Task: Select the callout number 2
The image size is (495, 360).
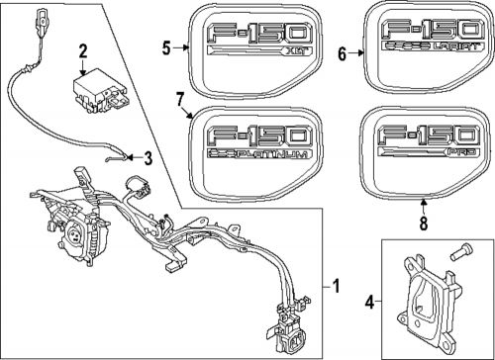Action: point(83,50)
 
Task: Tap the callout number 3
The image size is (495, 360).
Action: point(148,156)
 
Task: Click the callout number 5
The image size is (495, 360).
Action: point(167,45)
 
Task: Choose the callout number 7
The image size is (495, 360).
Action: point(179,97)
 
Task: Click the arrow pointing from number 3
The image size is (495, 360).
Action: point(126,153)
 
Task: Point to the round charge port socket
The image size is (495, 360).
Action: point(73,236)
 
